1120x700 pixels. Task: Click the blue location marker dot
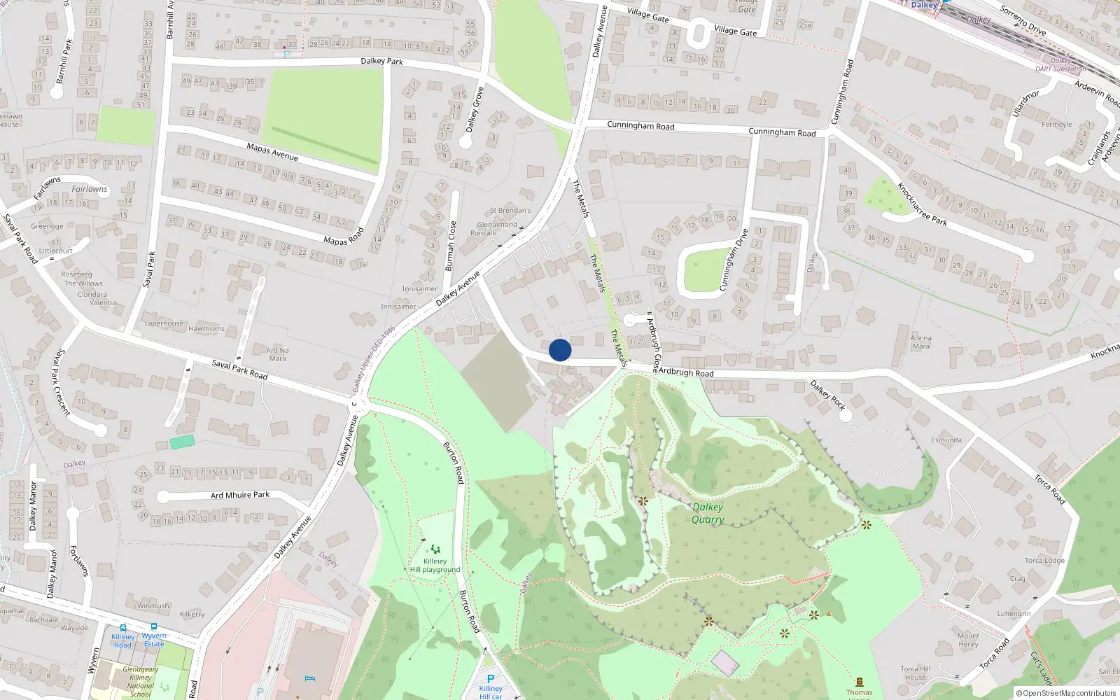point(560,350)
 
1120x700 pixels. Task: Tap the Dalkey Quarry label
point(708,513)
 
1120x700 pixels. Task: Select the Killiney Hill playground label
point(435,566)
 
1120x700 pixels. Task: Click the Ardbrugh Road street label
point(686,372)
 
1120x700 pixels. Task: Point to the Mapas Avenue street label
point(272,152)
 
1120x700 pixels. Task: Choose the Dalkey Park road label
point(381,61)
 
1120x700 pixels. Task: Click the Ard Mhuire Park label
point(240,495)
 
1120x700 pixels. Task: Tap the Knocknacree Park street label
point(922,204)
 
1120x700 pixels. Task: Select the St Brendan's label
point(510,210)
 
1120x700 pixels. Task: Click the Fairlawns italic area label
point(90,189)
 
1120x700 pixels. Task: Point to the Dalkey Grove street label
point(475,109)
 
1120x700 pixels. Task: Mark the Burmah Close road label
point(451,246)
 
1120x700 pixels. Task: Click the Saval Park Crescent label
point(62,382)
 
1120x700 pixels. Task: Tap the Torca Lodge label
point(1044,561)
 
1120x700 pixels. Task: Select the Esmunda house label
point(946,440)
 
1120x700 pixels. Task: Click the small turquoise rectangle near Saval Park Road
point(182,442)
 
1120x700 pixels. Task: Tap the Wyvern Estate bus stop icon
point(154,627)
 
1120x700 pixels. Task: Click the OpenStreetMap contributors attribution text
point(1066,693)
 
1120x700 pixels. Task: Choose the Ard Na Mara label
point(277,354)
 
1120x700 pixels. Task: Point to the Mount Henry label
point(968,640)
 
